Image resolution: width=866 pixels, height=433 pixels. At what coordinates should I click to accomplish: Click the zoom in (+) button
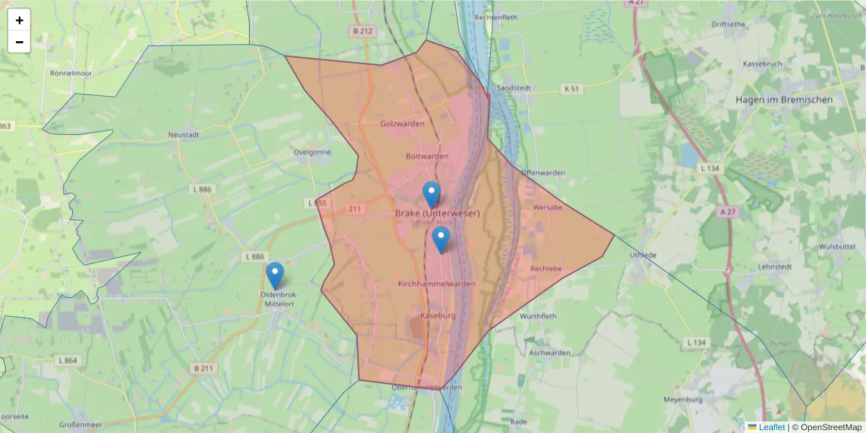pos(19,20)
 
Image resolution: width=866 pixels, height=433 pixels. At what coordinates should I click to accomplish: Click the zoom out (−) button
pos(19,42)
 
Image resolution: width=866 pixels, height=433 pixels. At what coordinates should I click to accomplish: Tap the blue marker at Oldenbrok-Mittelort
pos(274,275)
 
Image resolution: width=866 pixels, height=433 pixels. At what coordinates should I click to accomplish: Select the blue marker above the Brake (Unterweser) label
pos(432,194)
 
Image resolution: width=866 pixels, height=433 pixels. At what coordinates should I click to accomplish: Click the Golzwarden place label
pos(402,123)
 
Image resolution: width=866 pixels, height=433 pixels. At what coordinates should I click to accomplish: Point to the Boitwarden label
pos(427,157)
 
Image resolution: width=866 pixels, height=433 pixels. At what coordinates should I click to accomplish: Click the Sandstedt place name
pos(515,87)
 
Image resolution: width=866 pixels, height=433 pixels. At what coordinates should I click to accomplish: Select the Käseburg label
pos(437,316)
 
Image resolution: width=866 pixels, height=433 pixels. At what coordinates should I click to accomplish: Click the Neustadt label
pos(183,134)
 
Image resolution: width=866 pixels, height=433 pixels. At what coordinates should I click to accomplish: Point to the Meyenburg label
pos(682,399)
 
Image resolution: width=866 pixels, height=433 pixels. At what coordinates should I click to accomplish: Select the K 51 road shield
pos(571,89)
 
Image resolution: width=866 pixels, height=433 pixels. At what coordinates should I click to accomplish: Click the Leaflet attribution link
pos(771,427)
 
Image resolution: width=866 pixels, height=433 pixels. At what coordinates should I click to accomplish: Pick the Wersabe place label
pos(547,207)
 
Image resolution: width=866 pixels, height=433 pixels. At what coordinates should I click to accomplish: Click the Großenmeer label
pos(79,425)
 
